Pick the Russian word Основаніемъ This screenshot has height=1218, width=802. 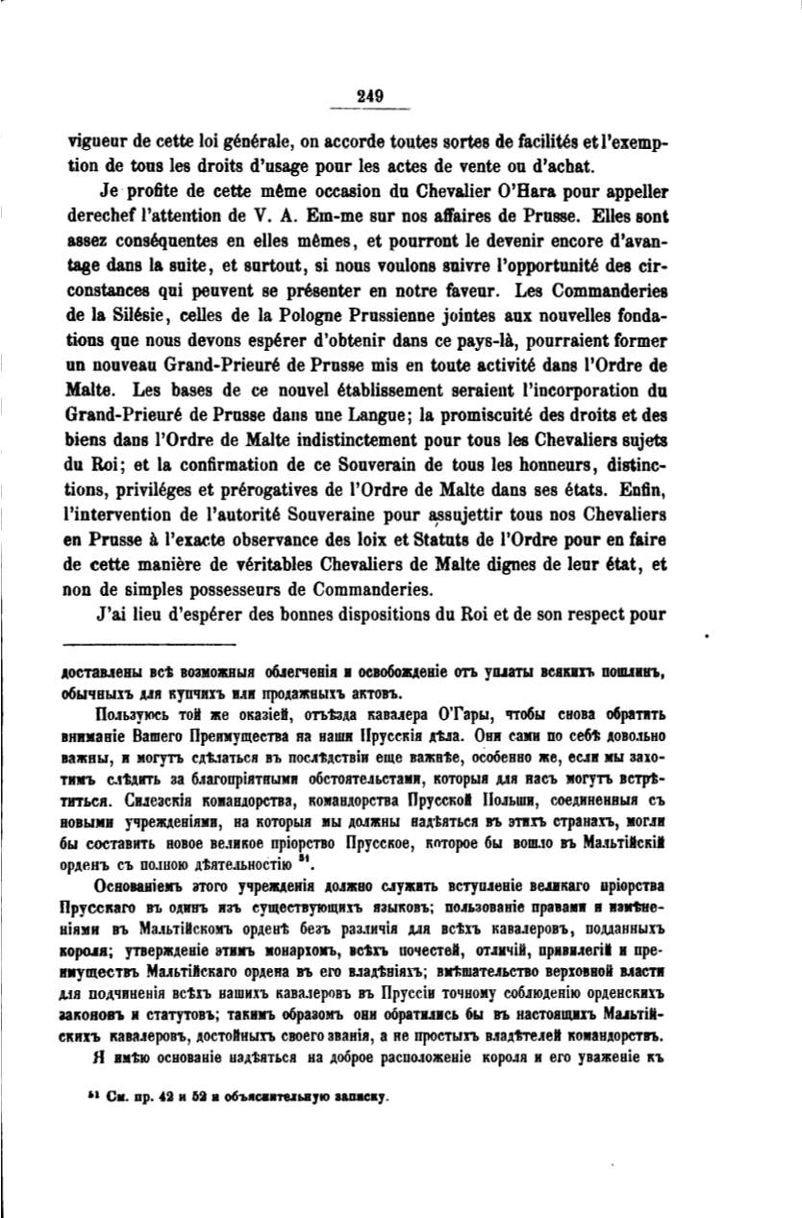[145, 884]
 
